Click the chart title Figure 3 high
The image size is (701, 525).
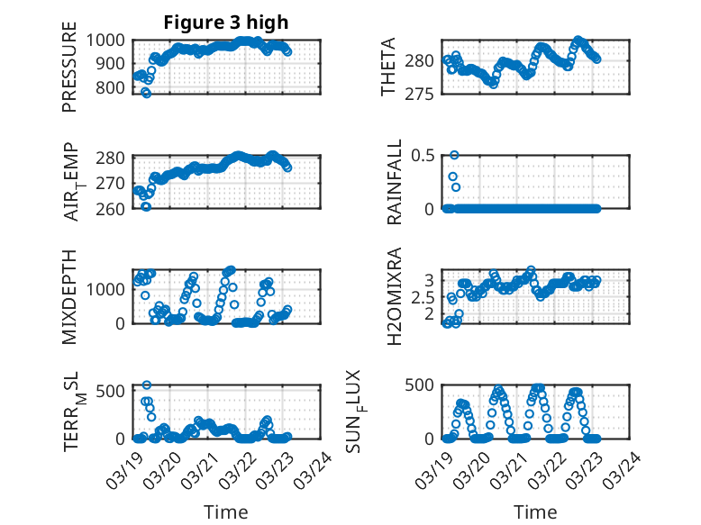(226, 23)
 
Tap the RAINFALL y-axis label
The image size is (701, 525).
(394, 181)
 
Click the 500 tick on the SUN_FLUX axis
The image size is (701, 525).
(423, 385)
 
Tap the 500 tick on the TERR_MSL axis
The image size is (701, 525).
(114, 390)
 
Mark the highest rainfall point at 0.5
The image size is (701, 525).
(455, 155)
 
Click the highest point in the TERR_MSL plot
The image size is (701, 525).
(147, 385)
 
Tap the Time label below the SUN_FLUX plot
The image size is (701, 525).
(535, 511)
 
